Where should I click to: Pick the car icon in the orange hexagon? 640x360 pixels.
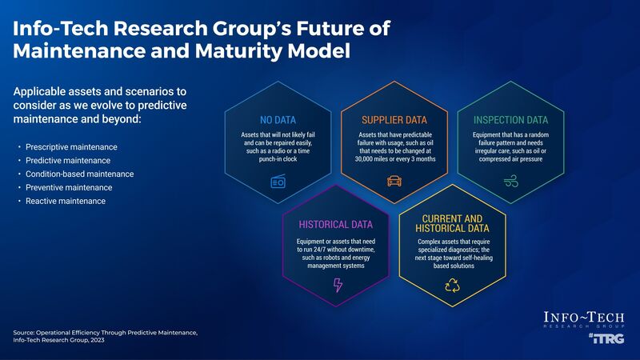(x=393, y=182)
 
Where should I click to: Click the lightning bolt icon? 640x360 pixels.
(x=337, y=286)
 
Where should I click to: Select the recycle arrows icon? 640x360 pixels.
(x=452, y=286)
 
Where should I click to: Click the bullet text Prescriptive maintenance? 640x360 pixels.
(x=71, y=148)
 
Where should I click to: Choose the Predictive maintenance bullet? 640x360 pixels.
(x=68, y=161)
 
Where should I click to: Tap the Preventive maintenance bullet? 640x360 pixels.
(x=69, y=187)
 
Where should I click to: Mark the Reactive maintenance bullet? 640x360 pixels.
(x=65, y=201)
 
